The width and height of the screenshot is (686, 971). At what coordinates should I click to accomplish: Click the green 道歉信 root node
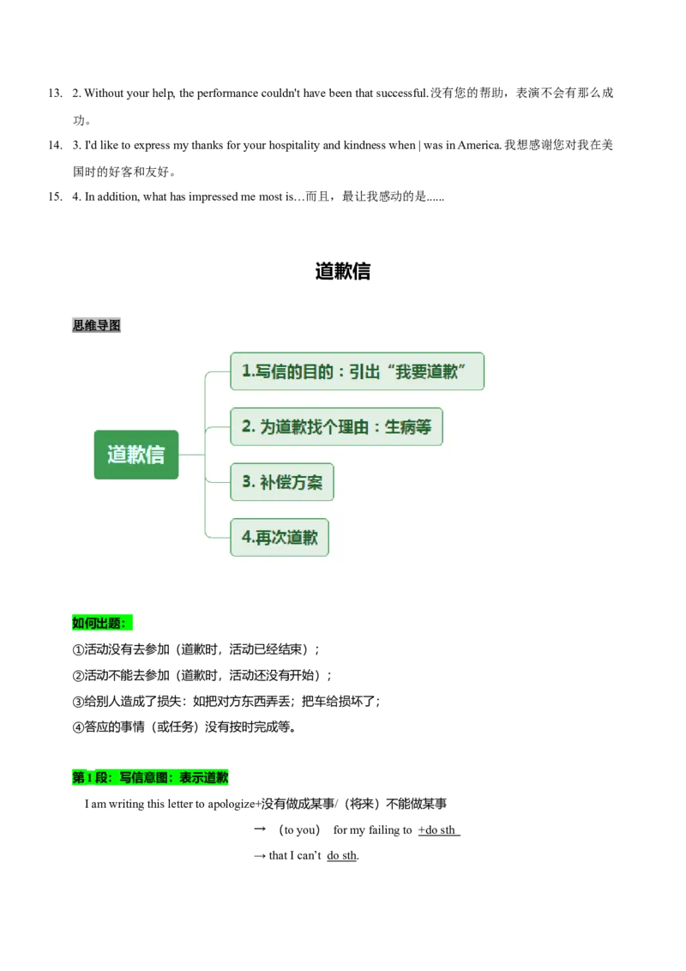point(136,455)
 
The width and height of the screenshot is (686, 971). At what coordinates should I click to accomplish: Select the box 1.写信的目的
point(357,371)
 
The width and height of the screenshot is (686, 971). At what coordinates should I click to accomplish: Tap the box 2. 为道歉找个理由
point(336,426)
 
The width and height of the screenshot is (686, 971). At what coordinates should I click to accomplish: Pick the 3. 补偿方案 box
point(281,482)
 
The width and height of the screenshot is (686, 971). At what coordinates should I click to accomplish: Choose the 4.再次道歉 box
point(280,538)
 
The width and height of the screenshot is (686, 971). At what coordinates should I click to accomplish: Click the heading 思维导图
point(96,325)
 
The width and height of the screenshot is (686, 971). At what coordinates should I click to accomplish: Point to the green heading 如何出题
point(102,623)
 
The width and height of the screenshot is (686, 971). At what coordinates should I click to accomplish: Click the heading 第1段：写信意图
point(150,778)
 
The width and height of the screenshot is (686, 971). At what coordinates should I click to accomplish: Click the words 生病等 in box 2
point(408,426)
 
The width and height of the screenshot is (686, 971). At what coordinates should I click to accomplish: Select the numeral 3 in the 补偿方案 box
point(246,482)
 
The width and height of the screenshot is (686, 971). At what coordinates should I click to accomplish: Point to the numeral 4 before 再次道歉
point(246,538)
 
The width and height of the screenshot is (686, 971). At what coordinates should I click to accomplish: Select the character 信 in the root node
point(155,455)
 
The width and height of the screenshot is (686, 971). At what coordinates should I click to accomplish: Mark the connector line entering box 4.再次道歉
point(218,538)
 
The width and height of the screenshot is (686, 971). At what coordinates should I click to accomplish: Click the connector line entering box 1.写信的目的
point(218,371)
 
